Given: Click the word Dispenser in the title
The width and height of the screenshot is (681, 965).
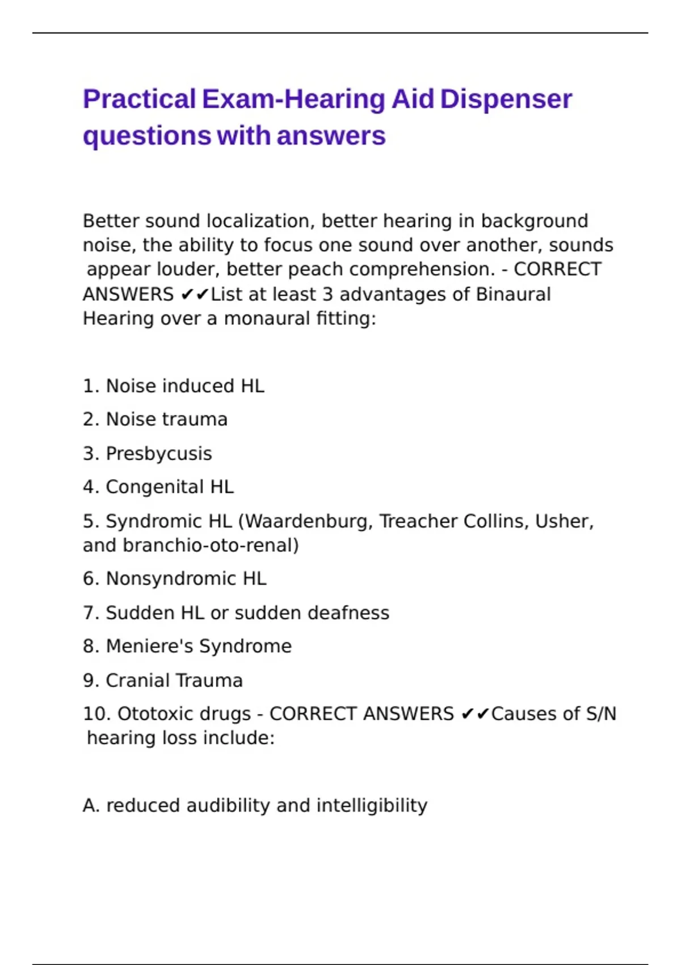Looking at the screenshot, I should [x=506, y=99].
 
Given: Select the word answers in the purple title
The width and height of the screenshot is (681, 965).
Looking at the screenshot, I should [x=331, y=136].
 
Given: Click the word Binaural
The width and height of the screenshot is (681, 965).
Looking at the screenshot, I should [x=513, y=294].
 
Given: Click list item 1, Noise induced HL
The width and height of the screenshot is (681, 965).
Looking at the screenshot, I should [x=174, y=386].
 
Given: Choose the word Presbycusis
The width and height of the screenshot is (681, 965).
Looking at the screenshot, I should [x=159, y=454].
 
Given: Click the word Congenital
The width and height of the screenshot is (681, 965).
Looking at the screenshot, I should [x=155, y=487].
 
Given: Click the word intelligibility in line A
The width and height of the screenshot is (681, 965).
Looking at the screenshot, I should [x=372, y=805].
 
